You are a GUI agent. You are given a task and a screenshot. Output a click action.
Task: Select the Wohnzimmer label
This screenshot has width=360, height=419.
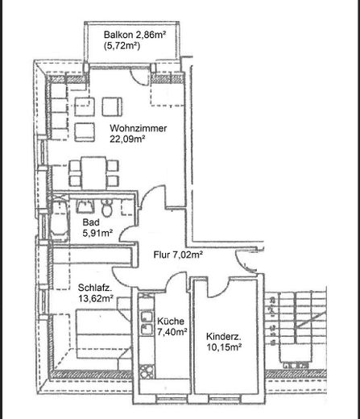137,127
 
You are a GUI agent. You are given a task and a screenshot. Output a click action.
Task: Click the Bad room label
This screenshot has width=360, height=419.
90,222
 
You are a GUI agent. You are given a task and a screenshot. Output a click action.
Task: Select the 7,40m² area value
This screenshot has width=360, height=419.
172,330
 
